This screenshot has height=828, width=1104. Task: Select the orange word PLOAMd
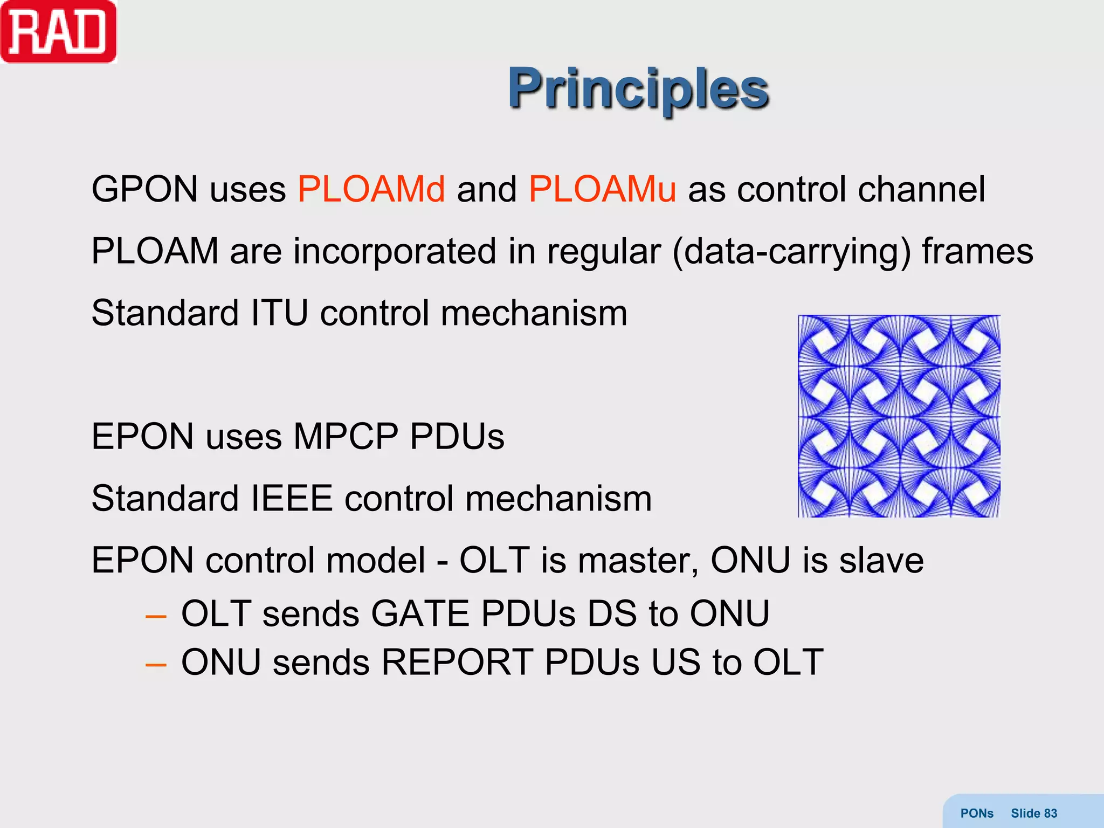[x=371, y=190]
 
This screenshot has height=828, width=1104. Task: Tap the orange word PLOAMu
[x=602, y=190]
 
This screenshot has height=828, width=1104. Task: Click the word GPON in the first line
[x=144, y=190]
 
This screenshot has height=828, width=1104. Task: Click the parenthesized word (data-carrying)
[x=791, y=252]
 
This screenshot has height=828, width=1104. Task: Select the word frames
[x=977, y=252]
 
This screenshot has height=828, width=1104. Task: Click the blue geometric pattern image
[x=899, y=416]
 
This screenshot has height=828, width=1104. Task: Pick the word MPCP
[x=346, y=436]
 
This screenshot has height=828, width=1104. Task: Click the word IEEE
[x=292, y=499]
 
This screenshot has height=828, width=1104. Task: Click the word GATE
[x=420, y=614]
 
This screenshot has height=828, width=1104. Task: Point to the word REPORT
[x=457, y=663]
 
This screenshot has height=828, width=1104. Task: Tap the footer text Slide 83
[x=1033, y=813]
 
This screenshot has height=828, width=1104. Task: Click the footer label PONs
[x=977, y=813]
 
